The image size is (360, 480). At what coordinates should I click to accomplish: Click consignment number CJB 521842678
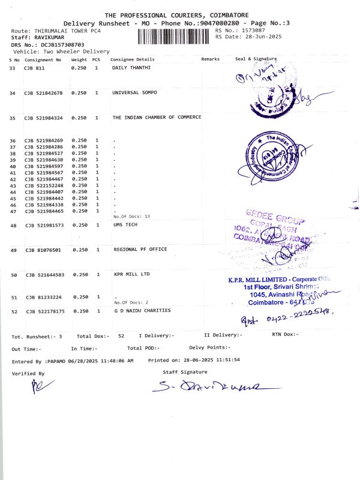click(44, 93)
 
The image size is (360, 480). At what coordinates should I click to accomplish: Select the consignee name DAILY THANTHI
click(131, 68)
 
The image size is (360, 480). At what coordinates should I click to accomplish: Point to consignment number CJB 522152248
click(44, 185)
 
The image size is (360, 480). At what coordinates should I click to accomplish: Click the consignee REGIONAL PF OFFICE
click(140, 249)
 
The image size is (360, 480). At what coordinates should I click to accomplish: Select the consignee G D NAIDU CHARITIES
click(142, 311)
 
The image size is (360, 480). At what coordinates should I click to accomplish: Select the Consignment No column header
click(43, 59)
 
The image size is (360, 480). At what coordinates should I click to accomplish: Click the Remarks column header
click(211, 59)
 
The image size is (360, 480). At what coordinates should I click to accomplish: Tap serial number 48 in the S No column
click(13, 226)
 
